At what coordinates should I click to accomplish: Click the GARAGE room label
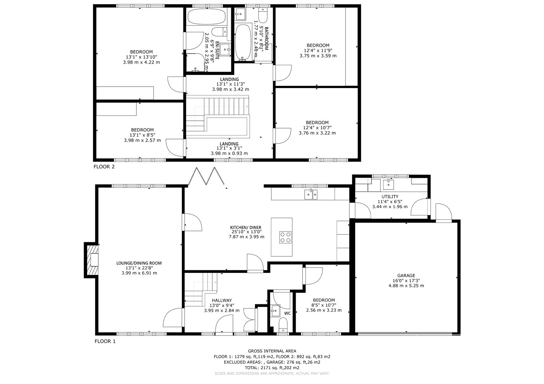[406, 276]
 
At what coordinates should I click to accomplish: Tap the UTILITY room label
[390, 196]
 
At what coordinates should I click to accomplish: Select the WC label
[287, 313]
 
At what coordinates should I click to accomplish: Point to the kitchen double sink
[311, 195]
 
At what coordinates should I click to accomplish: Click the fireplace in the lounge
[92, 260]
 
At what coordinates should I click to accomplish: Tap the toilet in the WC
[283, 325]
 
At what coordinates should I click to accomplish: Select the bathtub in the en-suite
[206, 16]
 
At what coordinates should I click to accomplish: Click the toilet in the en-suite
[219, 32]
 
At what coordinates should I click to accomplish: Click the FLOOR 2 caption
[104, 167]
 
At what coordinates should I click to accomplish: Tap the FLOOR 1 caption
[105, 341]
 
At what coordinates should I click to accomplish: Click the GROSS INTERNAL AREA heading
[272, 351]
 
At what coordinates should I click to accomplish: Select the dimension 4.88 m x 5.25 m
[406, 286]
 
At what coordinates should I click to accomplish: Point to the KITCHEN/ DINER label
[246, 228]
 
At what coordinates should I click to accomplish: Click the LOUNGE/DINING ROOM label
[139, 263]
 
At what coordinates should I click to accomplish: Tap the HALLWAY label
[222, 300]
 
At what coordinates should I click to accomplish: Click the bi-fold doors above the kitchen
[206, 176]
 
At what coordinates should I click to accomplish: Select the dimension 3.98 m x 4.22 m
[141, 62]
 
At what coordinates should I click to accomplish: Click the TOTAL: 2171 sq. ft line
[272, 368]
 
